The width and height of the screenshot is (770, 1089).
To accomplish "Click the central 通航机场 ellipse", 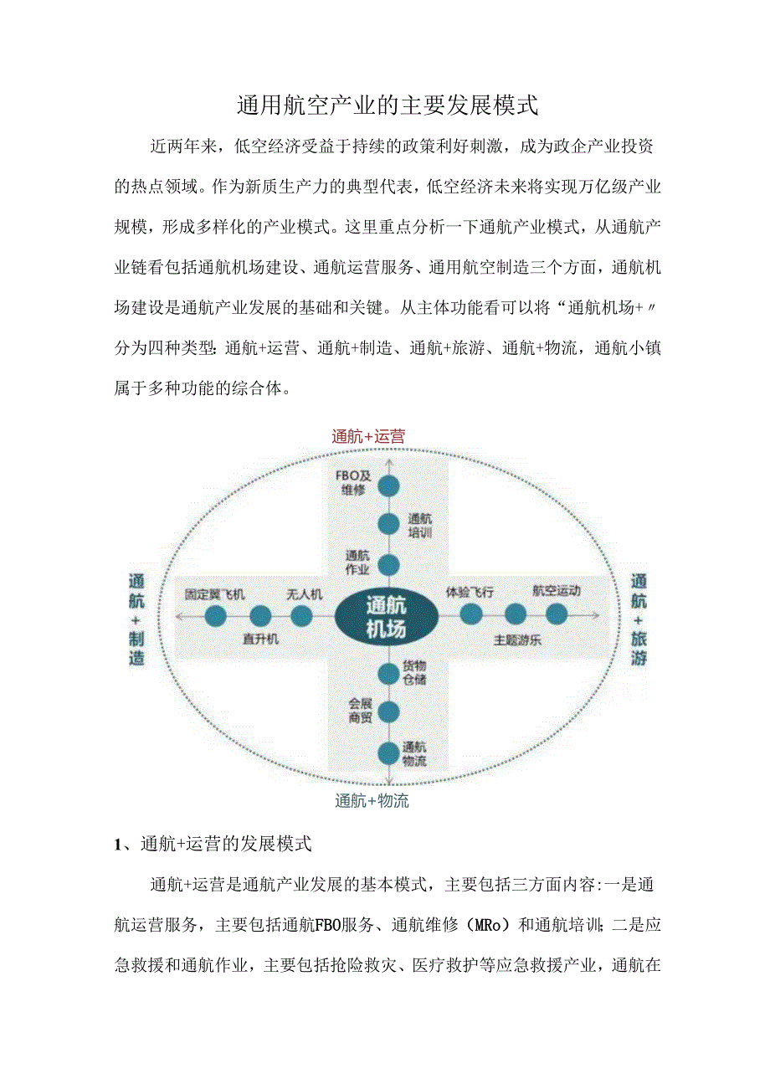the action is coord(386,617).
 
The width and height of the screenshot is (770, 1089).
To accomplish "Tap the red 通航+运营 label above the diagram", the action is coord(368,436).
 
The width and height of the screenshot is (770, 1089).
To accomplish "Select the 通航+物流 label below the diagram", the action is coord(372,801).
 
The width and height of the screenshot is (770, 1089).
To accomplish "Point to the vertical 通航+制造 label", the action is coord(136,619).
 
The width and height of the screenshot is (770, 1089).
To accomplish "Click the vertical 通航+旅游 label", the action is coord(639,619).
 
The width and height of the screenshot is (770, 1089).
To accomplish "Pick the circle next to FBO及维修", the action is coord(388,485).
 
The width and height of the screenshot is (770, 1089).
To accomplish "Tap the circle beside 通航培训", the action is coord(388,524).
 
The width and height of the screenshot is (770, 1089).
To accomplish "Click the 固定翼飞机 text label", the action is coord(215,594).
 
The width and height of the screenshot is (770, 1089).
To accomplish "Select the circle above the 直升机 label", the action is coord(260,616).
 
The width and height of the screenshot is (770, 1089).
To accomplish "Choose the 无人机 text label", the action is coord(305,594).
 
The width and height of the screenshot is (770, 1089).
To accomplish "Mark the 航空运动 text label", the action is coord(557,591).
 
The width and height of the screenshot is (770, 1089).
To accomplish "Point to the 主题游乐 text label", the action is coord(516,640).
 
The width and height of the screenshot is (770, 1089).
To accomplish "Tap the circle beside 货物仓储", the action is coord(388,673).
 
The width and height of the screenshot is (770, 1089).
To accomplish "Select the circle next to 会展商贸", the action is coord(388,712).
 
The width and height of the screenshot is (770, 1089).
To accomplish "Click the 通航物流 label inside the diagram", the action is coord(414,754).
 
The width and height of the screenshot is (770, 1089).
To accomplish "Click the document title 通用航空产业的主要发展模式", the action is coord(386,105).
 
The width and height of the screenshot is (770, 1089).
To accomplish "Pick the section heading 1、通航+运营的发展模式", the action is coord(213,844).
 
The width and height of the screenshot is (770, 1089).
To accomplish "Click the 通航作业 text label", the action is coord(357,562).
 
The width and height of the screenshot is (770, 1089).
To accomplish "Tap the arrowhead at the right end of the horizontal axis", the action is coord(596,615).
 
